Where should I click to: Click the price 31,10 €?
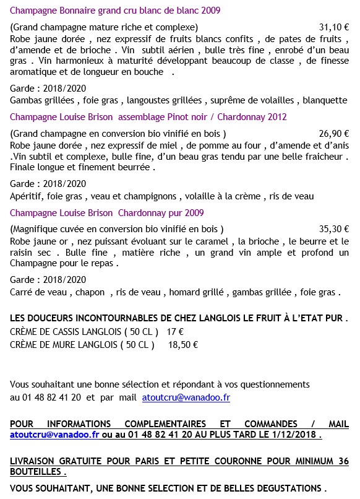tap(334, 28)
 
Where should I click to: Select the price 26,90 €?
tap(334, 133)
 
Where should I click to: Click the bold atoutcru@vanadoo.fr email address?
tap(54, 435)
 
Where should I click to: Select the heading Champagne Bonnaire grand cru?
tap(116, 11)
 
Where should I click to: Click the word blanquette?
tap(326, 100)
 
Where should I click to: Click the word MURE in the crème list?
tap(57, 345)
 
